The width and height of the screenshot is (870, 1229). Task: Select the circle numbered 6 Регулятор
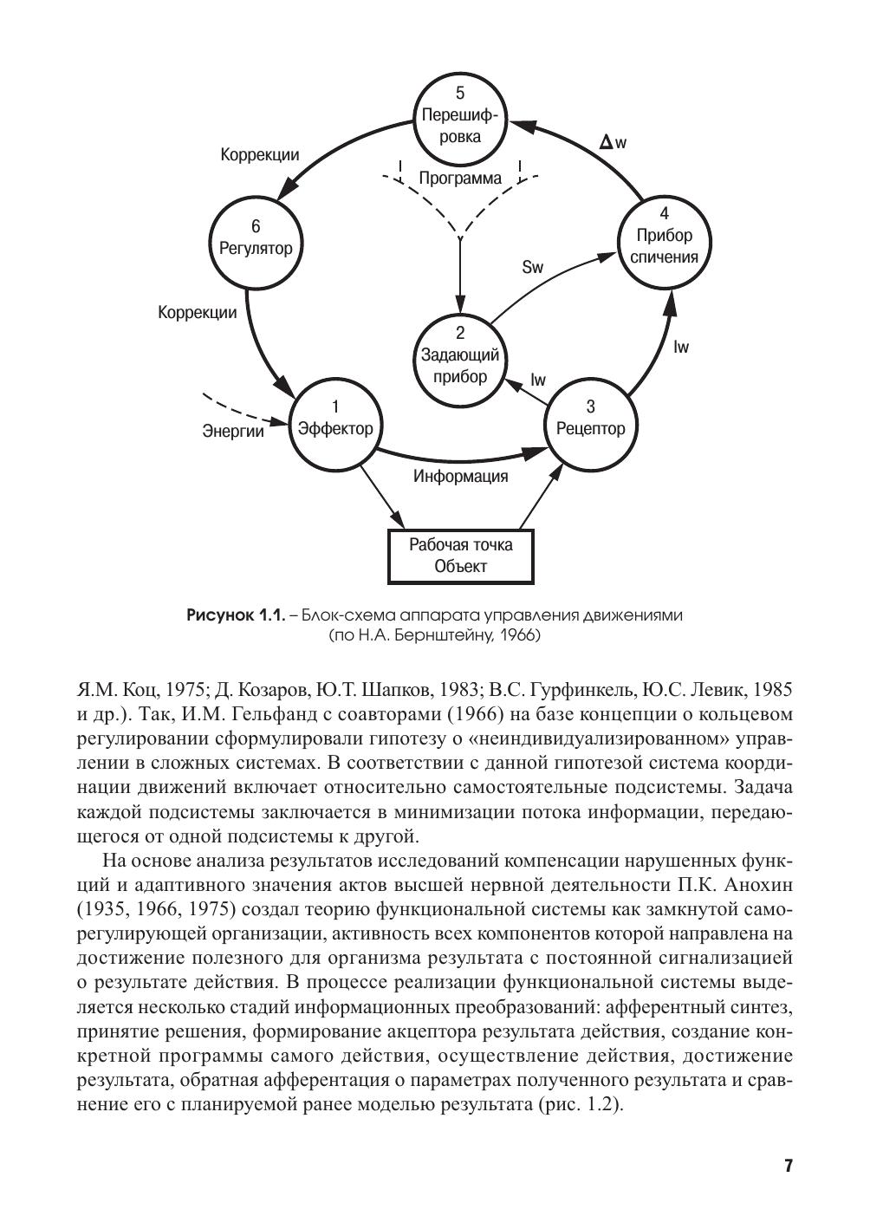click(x=256, y=238)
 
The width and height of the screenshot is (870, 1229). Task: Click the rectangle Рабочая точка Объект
click(x=460, y=556)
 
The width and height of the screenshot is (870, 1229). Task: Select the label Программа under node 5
click(x=460, y=179)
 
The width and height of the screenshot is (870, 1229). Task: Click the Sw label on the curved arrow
click(x=532, y=267)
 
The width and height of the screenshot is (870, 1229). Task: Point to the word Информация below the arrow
click(x=460, y=476)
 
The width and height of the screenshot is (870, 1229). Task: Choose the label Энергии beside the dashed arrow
click(x=233, y=431)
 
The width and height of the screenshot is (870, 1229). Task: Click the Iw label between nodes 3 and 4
click(x=681, y=348)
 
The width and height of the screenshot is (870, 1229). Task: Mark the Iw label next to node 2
click(x=538, y=380)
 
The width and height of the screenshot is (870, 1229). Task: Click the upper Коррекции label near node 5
click(x=259, y=155)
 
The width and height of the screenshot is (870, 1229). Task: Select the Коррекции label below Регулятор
click(x=197, y=313)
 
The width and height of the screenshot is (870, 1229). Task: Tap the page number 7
click(x=789, y=1166)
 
